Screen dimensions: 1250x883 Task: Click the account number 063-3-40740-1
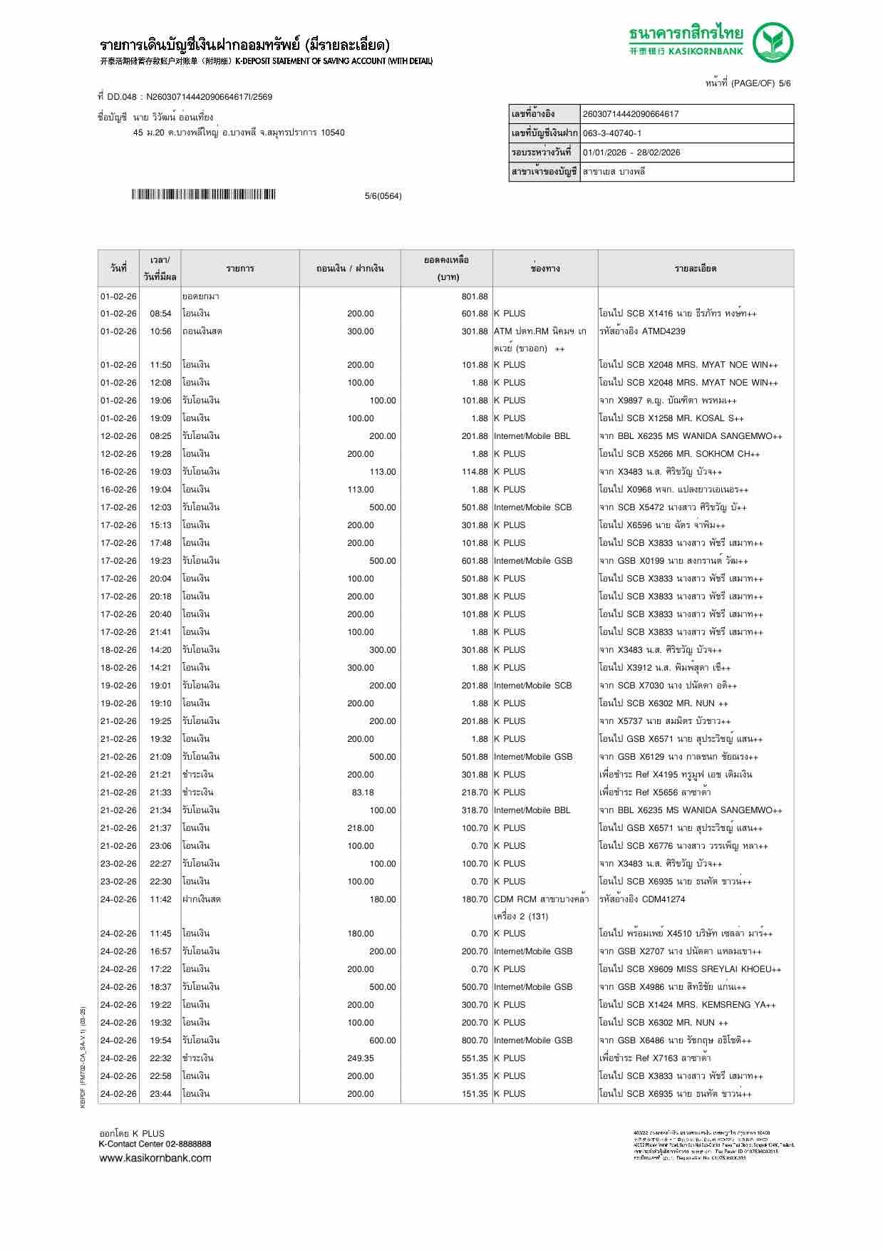612,133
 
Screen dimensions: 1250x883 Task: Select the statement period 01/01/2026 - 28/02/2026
631,153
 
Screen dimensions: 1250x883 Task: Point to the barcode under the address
204,195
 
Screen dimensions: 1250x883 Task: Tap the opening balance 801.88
474,296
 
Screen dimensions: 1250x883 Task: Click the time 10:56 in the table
160,331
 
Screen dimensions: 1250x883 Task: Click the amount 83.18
362,792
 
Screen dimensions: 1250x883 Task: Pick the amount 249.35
360,1058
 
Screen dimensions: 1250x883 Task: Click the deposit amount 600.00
382,1040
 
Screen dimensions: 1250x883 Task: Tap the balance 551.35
474,1058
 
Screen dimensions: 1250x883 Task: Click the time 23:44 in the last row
160,1094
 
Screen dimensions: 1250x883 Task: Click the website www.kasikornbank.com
155,1158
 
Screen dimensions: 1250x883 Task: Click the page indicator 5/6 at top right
784,83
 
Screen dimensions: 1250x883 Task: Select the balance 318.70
474,810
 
